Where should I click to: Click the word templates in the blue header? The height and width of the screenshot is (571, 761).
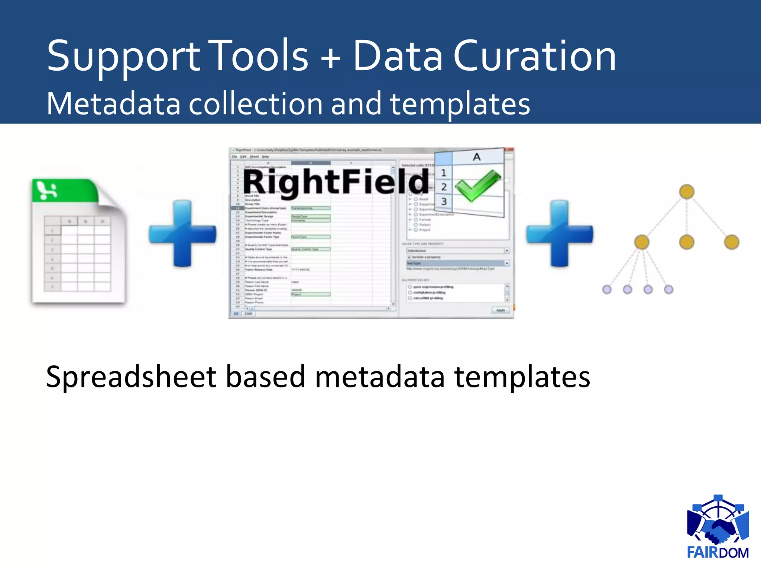pyautogui.click(x=460, y=104)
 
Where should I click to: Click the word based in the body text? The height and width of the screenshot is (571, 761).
pyautogui.click(x=265, y=377)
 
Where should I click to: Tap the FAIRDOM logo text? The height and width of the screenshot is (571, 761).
pyautogui.click(x=718, y=553)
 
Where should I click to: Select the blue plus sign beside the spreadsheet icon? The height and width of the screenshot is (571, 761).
pyautogui.click(x=182, y=233)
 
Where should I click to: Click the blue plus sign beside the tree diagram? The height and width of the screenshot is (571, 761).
pyautogui.click(x=560, y=233)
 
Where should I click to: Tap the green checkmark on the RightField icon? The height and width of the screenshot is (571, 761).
pyautogui.click(x=478, y=185)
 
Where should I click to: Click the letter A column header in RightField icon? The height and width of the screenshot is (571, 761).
pyautogui.click(x=477, y=157)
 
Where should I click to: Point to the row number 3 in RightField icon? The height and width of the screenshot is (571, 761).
pyautogui.click(x=444, y=201)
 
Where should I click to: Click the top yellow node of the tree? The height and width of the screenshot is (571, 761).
pyautogui.click(x=686, y=192)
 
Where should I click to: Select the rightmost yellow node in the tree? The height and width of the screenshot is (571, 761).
pyautogui.click(x=731, y=242)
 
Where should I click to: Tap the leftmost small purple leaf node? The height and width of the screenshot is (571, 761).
pyautogui.click(x=607, y=289)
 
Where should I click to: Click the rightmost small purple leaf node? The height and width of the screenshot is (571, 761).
pyautogui.click(x=668, y=289)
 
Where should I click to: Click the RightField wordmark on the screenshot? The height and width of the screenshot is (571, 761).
pyautogui.click(x=336, y=182)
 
